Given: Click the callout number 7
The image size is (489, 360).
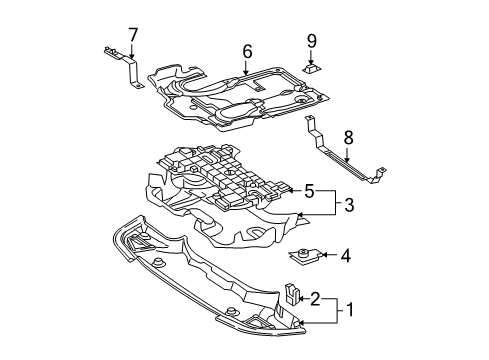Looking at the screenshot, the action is point(133,35).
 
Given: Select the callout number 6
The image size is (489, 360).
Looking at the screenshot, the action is point(247,51).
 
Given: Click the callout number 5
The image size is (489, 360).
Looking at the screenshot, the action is point(309,191).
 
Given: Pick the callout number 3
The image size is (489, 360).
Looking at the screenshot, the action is point(349,205).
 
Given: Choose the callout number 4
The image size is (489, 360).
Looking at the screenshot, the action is point(346,256).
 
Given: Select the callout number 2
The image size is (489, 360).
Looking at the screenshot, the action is point(315,299).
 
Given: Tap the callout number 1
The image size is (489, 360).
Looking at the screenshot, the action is point(350,309).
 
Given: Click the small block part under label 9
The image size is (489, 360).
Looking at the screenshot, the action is point(311,68).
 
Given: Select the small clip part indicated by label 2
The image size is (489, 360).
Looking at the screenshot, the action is point(292,293).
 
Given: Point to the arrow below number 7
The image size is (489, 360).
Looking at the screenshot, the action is point(132,51).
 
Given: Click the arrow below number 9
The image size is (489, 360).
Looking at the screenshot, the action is point(311,57).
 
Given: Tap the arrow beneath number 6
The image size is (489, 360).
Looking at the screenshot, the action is point(246,67).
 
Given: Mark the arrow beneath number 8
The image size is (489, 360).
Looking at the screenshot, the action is point(347,155).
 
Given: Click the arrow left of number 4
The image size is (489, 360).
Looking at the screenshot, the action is point(330,255).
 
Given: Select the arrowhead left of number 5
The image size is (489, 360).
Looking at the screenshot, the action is point(290,190).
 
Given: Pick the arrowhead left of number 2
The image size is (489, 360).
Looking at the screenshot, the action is point(301,299).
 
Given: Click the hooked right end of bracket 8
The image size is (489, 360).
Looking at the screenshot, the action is point(379,174).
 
